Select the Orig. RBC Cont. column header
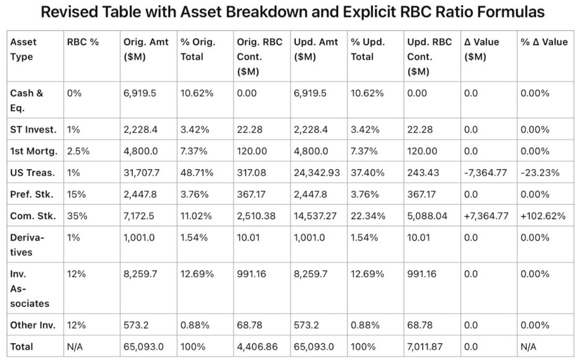pos(259,57)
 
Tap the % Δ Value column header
pos(544,42)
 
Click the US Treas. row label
pos(32,173)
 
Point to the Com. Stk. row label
pos(33,216)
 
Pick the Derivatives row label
pos(27,245)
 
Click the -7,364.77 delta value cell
pos(485,173)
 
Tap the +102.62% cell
pos(543,216)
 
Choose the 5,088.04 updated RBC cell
pos(427,216)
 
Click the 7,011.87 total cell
pos(424,347)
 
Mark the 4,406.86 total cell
pos(257,347)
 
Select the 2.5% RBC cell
pos(78,152)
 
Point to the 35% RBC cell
pos(77,216)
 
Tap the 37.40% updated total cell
pos(368,173)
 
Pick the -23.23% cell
pos(540,173)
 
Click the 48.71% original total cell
pos(197,173)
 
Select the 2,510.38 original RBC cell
pos(256,216)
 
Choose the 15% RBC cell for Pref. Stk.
pos(76,194)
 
